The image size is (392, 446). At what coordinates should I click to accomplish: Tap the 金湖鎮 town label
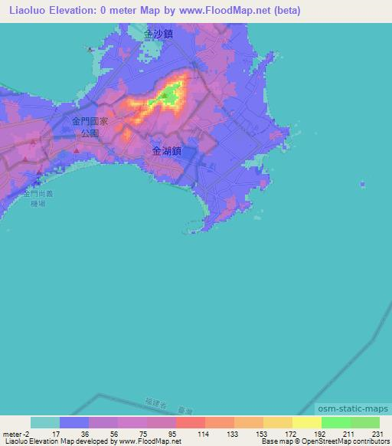point(167,151)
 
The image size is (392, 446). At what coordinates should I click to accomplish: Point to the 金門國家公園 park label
point(90,126)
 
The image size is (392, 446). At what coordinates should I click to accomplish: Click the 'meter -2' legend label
point(16,434)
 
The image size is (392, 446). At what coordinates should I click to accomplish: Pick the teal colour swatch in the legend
point(45,422)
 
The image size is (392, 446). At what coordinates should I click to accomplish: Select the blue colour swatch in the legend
point(74,422)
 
